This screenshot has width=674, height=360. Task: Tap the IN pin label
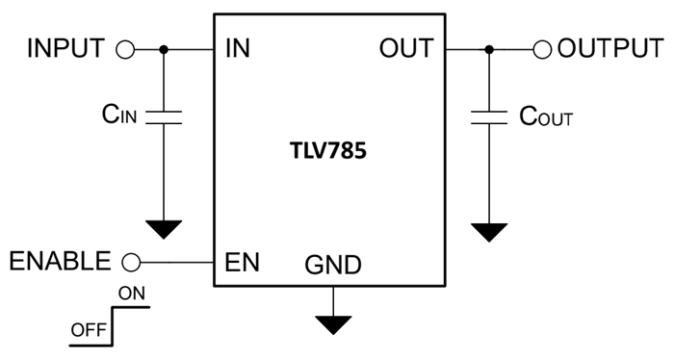coord(236,49)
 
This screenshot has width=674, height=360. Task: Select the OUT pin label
coord(406,49)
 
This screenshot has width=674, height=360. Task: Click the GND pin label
coord(333,265)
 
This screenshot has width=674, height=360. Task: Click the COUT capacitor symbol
coord(488,117)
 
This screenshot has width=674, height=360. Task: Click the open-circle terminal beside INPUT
coord(124,49)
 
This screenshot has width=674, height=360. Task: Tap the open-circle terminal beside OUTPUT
coord(543,49)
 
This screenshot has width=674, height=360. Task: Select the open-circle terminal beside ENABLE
coord(133,261)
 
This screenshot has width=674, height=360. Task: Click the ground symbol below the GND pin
coord(333,324)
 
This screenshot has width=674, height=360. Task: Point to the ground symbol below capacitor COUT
coord(488,232)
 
